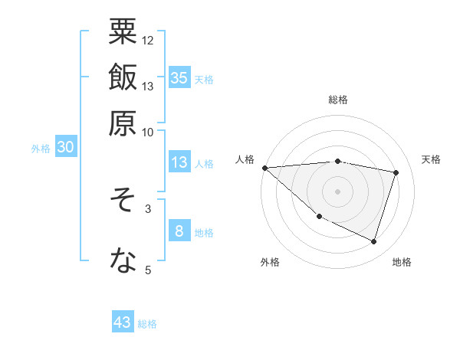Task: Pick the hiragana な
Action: pos(123,260)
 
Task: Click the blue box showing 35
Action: pos(179,77)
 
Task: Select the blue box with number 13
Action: pos(179,162)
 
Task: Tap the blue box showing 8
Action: pos(179,231)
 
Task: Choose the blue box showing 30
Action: pos(66,148)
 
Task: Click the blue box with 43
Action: pos(123,322)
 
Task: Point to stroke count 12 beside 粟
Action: pos(148,40)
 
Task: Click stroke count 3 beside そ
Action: pos(148,208)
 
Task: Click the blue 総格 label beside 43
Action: pos(147,324)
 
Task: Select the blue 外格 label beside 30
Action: pos(41,149)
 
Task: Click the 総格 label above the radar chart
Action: pos(338,100)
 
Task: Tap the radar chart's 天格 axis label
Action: pos(432,159)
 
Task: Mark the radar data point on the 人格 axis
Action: pos(265,168)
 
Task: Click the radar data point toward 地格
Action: pos(373,241)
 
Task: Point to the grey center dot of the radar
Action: pos(338,191)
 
